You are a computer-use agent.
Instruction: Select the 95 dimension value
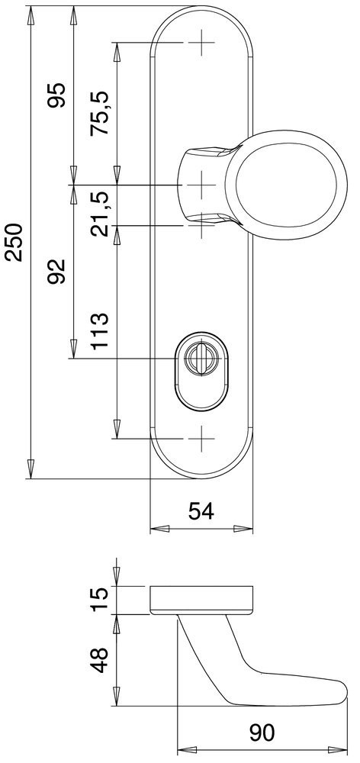coord(56,96)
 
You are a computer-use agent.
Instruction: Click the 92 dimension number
coord(56,272)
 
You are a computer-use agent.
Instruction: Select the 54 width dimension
coord(201,511)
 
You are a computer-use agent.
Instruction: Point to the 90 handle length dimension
coord(262,733)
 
